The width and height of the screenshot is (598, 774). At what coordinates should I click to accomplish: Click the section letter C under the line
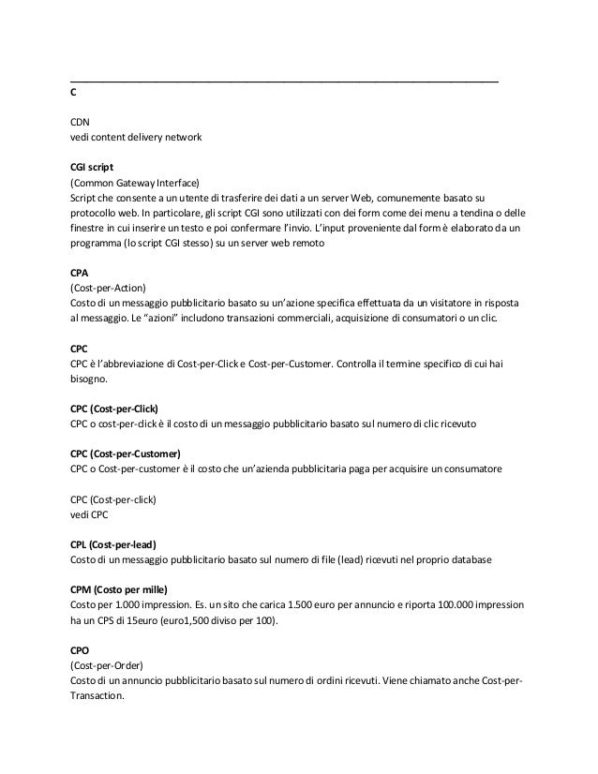[74, 95]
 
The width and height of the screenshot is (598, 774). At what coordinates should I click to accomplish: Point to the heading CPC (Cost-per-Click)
[114, 409]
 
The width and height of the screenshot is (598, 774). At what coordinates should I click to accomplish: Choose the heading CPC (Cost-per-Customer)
[126, 454]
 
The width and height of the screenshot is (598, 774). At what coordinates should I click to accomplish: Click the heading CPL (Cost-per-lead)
[112, 544]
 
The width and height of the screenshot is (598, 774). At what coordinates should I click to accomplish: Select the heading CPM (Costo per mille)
[118, 588]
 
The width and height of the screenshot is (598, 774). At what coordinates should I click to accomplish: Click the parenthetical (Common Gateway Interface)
[135, 182]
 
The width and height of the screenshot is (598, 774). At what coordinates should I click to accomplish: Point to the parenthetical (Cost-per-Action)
[108, 287]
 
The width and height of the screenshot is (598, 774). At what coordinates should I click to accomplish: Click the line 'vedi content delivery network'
[136, 138]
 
